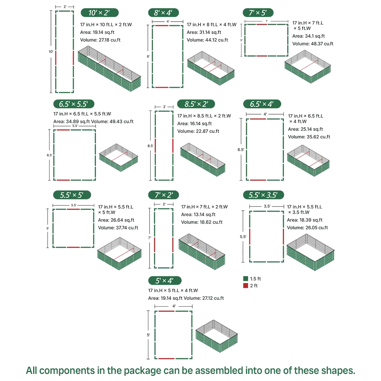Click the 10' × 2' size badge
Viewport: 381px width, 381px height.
pos(100,13)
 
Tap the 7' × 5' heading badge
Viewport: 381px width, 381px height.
pos(258,13)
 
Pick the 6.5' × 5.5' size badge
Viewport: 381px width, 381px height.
pos(74,104)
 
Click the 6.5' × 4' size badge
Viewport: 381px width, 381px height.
pos(262,104)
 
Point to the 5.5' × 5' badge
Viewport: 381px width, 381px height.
pos(71,195)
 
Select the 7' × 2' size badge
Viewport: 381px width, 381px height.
pos(163,195)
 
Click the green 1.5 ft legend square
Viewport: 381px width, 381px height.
pos(246,279)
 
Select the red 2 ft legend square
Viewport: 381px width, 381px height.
pos(246,286)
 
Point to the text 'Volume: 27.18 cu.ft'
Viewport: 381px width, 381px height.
pos(101,40)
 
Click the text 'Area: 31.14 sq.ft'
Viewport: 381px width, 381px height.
pos(204,32)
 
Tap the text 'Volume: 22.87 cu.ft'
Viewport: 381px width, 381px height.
pos(198,131)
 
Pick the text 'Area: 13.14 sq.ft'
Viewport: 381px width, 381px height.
pos(199,215)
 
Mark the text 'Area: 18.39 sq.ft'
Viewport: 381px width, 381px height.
pos(305,220)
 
